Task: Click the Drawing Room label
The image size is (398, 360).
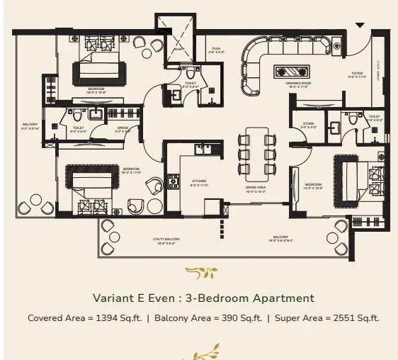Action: tap(298, 83)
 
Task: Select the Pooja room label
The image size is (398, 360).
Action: tap(217, 50)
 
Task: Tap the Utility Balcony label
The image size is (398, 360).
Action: tap(166, 240)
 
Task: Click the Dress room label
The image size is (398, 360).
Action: tap(123, 129)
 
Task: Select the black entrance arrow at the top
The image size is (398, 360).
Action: tap(360, 26)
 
